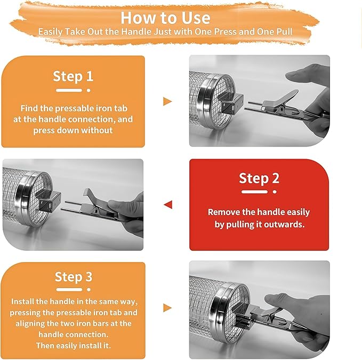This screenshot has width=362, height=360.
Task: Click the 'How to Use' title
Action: tap(165, 18)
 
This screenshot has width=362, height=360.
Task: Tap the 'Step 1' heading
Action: tap(73, 76)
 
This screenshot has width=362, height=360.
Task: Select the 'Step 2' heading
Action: tap(259, 178)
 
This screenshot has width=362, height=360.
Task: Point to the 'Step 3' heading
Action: tap(74, 277)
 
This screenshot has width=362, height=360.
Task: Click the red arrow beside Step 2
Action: tap(168, 204)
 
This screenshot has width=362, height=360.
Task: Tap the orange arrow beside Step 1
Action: tap(167, 102)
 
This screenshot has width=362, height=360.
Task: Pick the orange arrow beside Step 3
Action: tap(167, 308)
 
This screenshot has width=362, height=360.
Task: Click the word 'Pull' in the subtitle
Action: tap(285, 31)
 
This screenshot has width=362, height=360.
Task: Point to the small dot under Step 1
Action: tap(89, 91)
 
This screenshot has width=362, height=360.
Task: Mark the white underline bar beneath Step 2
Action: tap(254, 192)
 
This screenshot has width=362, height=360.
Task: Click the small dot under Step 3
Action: tap(89, 290)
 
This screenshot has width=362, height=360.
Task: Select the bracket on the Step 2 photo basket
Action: tap(49, 201)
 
